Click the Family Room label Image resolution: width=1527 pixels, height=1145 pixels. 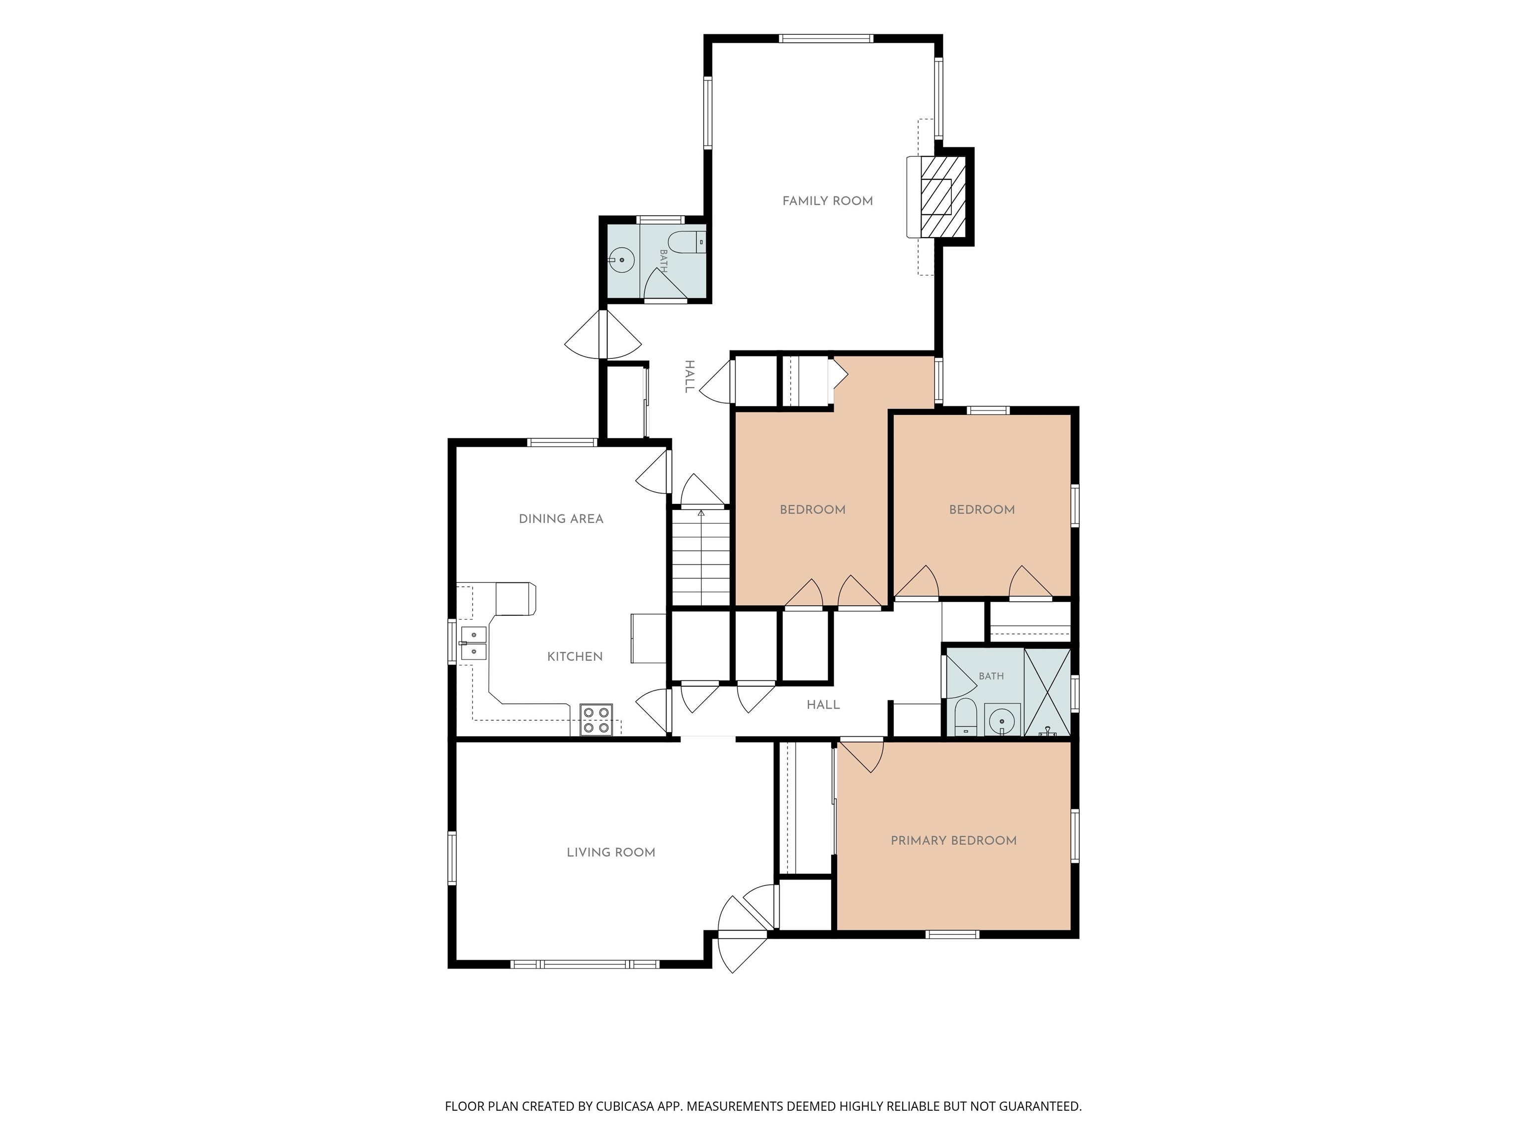(x=827, y=201)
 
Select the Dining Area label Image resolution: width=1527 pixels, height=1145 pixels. (x=561, y=518)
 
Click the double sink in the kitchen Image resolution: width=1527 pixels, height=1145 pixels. (x=474, y=643)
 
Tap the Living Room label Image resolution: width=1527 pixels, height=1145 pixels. (x=611, y=852)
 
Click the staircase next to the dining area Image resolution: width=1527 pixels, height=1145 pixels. (x=701, y=558)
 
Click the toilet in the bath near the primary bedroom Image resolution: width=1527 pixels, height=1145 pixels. (x=965, y=717)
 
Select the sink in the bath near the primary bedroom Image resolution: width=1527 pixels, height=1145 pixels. (x=1002, y=721)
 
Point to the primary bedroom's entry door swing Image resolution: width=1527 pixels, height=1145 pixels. (x=861, y=756)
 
